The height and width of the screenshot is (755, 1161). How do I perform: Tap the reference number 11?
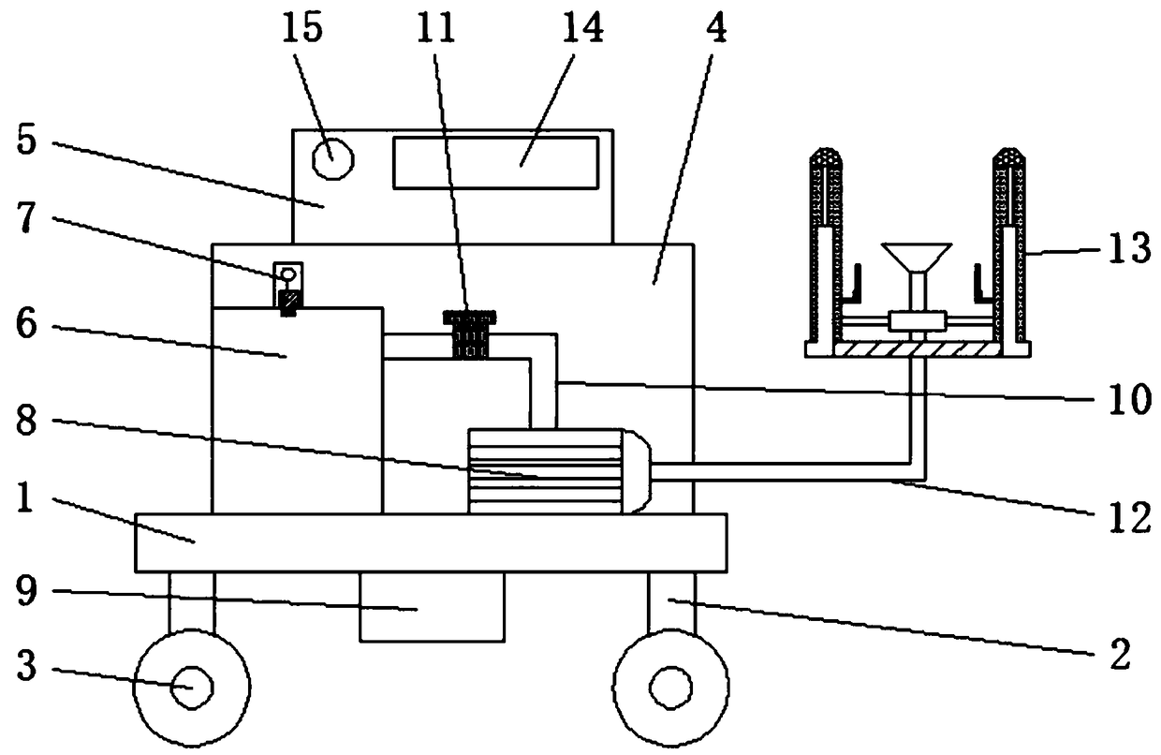(437, 29)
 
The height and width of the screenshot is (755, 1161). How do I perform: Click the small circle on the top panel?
(332, 160)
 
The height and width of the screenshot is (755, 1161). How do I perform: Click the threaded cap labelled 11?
(470, 333)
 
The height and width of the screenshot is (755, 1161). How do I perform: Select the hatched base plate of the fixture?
(917, 348)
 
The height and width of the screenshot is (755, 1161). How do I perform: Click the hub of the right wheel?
(670, 688)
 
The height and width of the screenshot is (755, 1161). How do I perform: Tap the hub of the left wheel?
(192, 688)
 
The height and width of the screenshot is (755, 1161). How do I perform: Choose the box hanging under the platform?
(432, 607)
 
